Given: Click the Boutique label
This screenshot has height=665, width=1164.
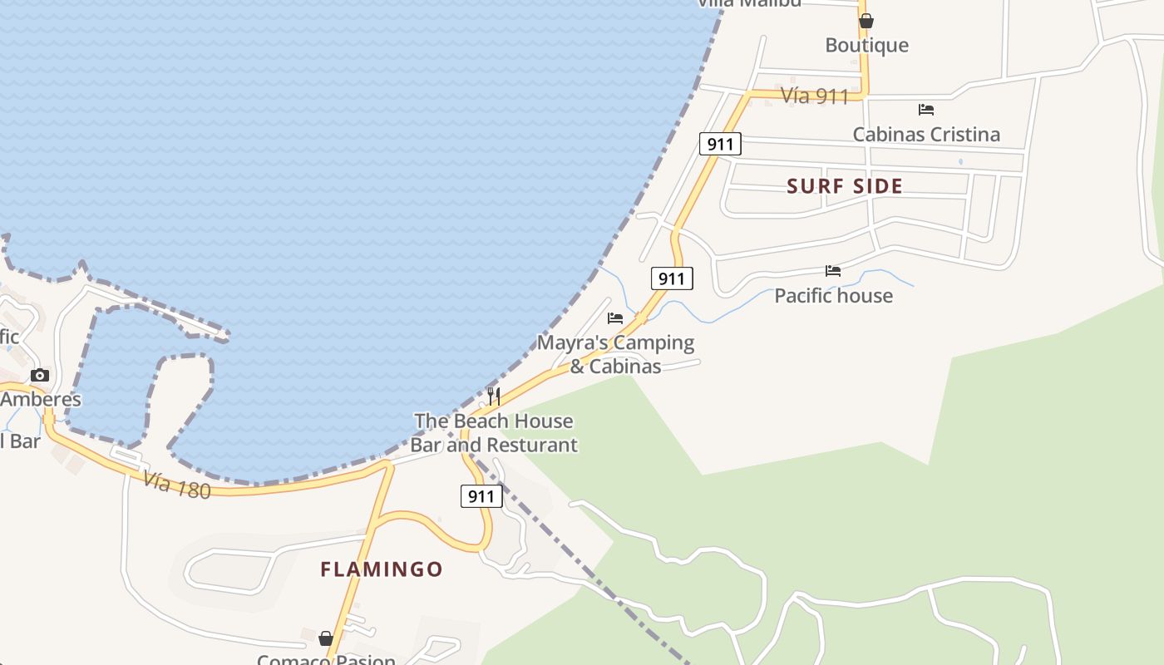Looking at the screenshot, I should click(866, 45).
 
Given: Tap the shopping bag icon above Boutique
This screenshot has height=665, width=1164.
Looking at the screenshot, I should click(866, 21).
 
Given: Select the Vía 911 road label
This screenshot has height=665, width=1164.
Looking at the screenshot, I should click(815, 96).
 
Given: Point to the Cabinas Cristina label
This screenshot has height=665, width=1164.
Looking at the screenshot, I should click(926, 135).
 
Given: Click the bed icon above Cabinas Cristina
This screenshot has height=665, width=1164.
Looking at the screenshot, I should click(926, 110).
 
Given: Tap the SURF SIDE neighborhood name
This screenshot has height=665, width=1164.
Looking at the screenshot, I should click(845, 186).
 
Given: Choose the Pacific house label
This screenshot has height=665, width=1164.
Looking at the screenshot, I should click(833, 296).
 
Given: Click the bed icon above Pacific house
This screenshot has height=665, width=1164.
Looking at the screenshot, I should click(833, 271).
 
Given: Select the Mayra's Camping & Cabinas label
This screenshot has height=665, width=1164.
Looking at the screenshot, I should click(615, 354).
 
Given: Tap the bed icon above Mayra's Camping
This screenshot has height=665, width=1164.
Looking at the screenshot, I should click(615, 318).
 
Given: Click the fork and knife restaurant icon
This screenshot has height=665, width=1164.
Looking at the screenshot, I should click(494, 396).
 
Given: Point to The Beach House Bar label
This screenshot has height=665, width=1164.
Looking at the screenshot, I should click(494, 432).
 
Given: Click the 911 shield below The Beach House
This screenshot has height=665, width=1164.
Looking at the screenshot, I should click(481, 497).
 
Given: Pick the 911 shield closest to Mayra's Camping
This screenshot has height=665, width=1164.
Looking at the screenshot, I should click(671, 278).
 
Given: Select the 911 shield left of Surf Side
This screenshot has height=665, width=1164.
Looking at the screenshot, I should click(719, 144).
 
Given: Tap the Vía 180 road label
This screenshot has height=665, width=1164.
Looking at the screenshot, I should click(176, 485).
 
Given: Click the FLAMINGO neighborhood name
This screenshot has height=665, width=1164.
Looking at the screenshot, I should click(382, 569).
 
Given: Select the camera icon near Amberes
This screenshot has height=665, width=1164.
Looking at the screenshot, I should click(39, 376).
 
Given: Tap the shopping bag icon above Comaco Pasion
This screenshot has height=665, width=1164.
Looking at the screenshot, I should click(326, 638).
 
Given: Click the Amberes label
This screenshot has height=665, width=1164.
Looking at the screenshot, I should click(41, 399).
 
